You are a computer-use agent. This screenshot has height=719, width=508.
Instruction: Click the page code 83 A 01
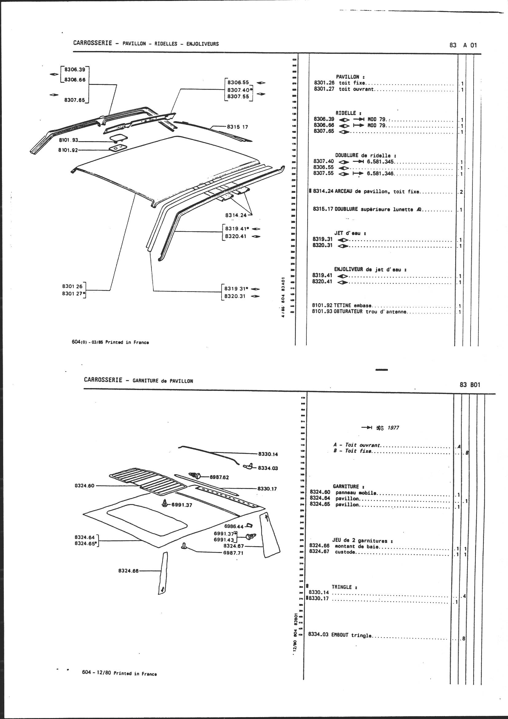pyautogui.click(x=463, y=45)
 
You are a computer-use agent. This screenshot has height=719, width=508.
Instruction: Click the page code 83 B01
pyautogui.click(x=470, y=385)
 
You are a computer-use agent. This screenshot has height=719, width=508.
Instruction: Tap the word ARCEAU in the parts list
pyautogui.click(x=344, y=191)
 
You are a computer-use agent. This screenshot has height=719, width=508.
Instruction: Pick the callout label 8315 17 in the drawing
pyautogui.click(x=237, y=127)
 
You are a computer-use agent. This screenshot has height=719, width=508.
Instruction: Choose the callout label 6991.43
pyautogui.click(x=223, y=540)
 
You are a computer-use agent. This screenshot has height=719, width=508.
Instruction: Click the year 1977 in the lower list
pyautogui.click(x=393, y=428)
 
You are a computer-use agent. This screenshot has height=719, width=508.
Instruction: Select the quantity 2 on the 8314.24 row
pyautogui.click(x=461, y=192)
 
